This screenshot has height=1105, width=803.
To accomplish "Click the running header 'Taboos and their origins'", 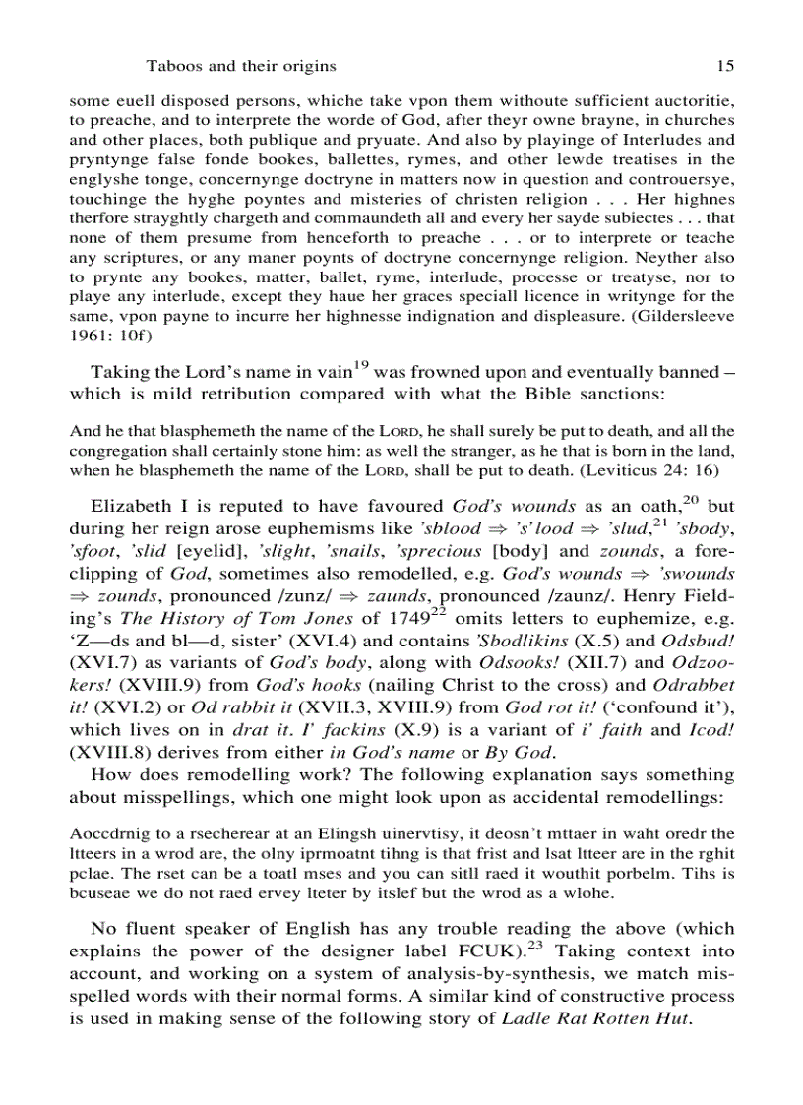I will point(241,66).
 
